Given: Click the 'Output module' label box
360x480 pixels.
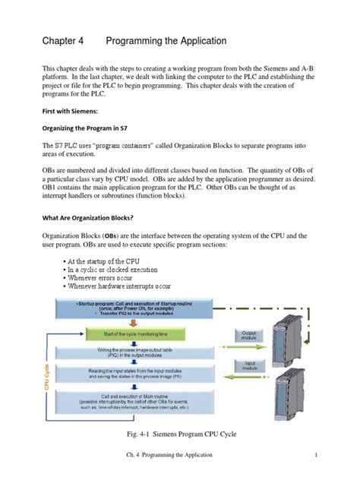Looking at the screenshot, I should (x=248, y=335).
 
